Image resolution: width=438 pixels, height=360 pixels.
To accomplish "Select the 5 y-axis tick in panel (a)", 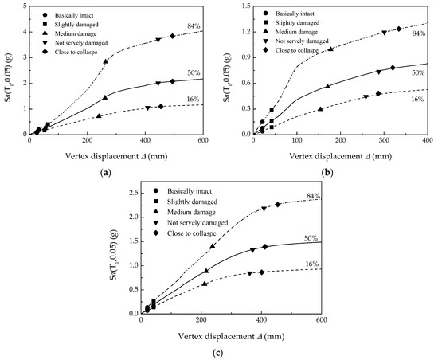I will [x=22, y=6].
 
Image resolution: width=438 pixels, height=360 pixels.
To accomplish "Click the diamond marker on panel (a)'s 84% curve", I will [x=172, y=36].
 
